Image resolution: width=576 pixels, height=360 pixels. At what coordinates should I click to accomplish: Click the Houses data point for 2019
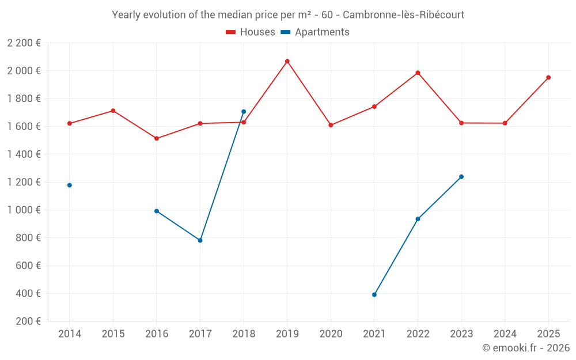(x=287, y=61)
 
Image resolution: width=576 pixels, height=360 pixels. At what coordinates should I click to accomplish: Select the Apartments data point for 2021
(x=374, y=294)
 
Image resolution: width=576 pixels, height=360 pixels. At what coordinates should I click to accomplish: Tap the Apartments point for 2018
(x=244, y=112)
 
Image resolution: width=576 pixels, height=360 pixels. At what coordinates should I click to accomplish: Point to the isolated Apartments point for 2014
(x=70, y=185)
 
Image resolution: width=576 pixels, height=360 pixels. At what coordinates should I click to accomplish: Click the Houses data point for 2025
(x=548, y=77)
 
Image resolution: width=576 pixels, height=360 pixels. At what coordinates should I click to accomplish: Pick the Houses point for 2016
(x=157, y=138)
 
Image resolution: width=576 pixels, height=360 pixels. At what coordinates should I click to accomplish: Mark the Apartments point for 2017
(x=200, y=240)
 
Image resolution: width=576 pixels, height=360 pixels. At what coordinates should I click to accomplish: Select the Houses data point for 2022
(x=418, y=73)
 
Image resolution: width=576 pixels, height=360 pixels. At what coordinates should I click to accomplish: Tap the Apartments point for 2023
(x=461, y=177)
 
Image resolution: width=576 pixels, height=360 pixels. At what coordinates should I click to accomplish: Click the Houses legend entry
(x=251, y=32)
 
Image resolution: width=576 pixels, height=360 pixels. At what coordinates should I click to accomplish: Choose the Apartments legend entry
(x=315, y=32)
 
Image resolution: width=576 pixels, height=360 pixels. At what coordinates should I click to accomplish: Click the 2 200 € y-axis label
(x=24, y=43)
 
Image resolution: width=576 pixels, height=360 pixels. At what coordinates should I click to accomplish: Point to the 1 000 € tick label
(x=24, y=210)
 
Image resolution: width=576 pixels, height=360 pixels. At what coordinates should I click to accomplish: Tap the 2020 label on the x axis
(x=331, y=334)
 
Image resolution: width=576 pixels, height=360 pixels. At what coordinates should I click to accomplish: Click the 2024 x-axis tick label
(x=505, y=334)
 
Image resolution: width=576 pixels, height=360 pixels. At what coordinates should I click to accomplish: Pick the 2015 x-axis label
(x=113, y=334)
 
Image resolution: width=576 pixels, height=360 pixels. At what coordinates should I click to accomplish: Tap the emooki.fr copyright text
(x=525, y=348)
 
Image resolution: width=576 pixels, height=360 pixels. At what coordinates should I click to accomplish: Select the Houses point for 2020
(x=331, y=125)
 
